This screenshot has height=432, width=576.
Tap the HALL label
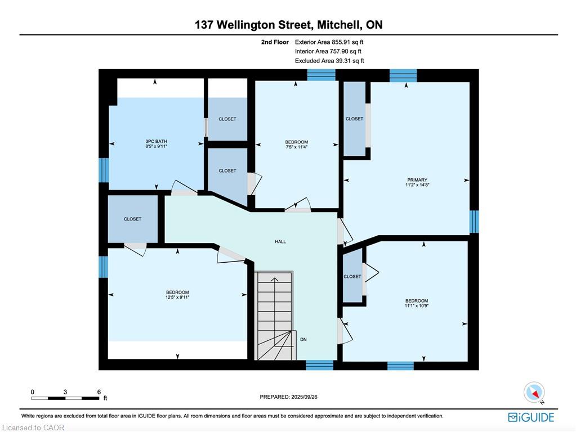280,242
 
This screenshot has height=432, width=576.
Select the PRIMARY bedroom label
417,181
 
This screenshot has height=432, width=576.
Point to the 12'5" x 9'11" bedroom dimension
177,298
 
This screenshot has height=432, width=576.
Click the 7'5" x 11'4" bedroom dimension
296,147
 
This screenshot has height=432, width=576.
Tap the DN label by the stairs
303,339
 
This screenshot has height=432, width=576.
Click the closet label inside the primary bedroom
354,119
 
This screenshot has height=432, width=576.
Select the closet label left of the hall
133,219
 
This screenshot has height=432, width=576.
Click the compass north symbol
534,393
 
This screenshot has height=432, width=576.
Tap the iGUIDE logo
531,417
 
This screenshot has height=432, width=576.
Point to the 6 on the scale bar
99,391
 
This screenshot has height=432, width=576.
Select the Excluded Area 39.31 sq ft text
329,61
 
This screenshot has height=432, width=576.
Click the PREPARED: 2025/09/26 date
288,397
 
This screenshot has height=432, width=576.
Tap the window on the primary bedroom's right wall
474,222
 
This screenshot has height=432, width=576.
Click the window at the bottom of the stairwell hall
319,365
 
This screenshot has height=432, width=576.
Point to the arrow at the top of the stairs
275,279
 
